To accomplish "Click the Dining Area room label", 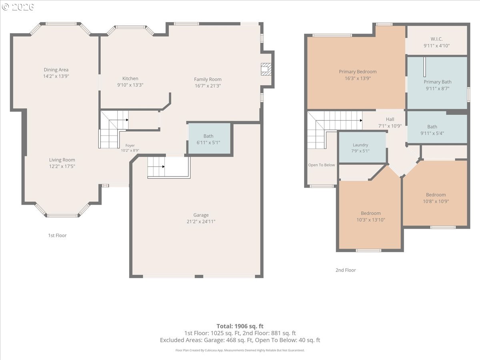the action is click(56, 70).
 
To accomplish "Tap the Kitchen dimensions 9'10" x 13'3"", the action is click(130, 85).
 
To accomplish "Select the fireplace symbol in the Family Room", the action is click(266, 69).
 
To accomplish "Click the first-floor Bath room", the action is click(209, 138).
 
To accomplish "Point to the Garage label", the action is click(201, 215).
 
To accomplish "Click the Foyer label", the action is click(130, 145).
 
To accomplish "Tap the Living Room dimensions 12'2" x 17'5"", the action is click(62, 166).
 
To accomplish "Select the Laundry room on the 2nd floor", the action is click(362, 147).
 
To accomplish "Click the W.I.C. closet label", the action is click(436, 39).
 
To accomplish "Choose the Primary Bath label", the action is click(437, 82).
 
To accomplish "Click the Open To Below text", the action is click(322, 165).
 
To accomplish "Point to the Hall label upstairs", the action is click(390, 119).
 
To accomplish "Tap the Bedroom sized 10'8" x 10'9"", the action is click(436, 194).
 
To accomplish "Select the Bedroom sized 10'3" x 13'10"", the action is click(370, 215).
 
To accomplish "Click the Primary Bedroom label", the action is click(358, 72).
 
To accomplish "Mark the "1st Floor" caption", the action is click(57, 236).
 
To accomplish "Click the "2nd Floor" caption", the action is click(346, 270).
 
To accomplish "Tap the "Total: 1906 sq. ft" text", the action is click(240, 326).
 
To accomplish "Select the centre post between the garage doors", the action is click(199, 276).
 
